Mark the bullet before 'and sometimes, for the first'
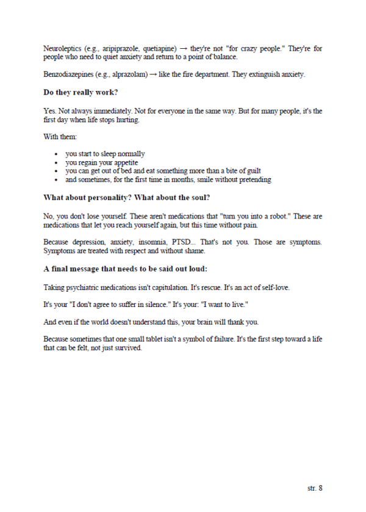pyautogui.click(x=56, y=180)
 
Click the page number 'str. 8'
pyautogui.click(x=315, y=488)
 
